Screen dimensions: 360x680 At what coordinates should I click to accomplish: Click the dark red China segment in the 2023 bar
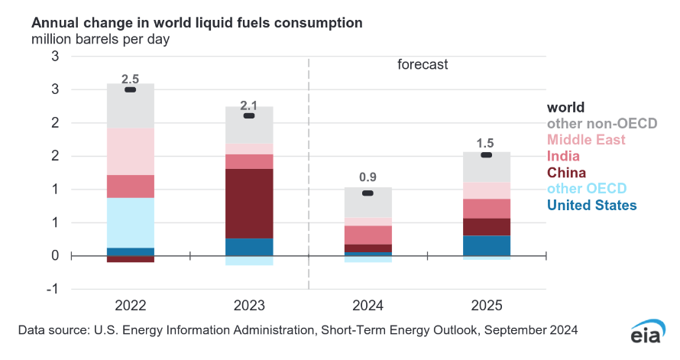click(248, 203)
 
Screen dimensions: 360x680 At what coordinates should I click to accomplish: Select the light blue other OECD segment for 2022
click(130, 222)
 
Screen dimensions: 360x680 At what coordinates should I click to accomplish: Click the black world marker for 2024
click(368, 193)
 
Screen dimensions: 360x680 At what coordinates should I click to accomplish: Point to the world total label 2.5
click(131, 78)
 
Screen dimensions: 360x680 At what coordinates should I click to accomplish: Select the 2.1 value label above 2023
click(248, 104)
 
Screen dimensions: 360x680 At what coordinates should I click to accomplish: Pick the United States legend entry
click(591, 205)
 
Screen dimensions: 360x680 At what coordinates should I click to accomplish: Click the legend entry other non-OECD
click(602, 124)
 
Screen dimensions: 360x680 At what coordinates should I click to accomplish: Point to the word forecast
click(422, 65)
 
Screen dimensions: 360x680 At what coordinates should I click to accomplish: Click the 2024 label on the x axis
click(367, 306)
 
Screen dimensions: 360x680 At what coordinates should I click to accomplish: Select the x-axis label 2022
click(131, 306)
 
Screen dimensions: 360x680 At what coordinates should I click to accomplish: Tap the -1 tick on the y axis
click(53, 289)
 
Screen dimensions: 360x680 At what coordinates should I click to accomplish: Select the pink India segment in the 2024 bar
click(367, 235)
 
